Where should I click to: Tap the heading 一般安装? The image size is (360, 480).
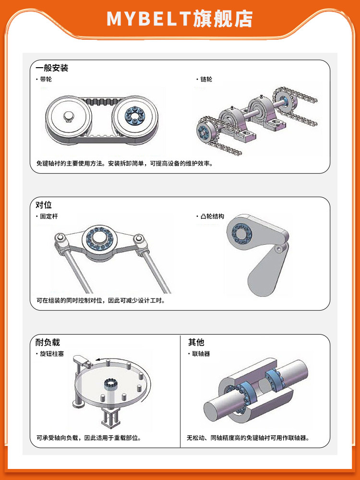click(x=52, y=68)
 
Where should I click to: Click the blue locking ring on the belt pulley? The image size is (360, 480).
click(x=135, y=116)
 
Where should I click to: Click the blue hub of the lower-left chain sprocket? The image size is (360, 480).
click(x=203, y=131)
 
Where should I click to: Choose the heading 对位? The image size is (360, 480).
click(x=44, y=205)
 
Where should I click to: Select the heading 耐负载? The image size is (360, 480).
click(x=48, y=342)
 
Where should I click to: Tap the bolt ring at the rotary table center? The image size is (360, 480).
click(x=109, y=383)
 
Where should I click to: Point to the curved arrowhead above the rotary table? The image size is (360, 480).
click(x=97, y=360)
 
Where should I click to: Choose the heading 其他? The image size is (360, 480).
click(x=196, y=342)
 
